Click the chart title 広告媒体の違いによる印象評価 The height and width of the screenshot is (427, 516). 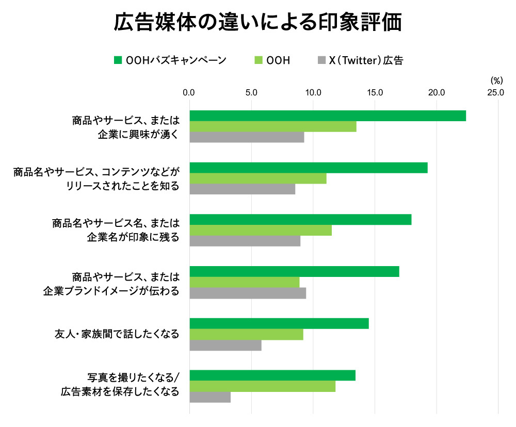(x=257, y=23)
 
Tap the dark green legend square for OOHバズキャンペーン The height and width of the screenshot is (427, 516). (x=118, y=60)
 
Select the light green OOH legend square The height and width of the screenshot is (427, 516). (x=259, y=60)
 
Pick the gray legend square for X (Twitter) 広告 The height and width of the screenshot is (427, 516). (x=321, y=60)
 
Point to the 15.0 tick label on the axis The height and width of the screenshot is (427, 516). (x=375, y=93)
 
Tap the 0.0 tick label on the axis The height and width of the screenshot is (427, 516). (x=189, y=93)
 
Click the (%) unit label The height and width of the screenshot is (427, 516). (x=496, y=80)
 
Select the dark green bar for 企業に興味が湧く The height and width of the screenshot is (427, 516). (x=328, y=116)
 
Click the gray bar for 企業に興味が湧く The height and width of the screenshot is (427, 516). (x=247, y=137)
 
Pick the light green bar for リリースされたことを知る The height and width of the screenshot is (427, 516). (x=258, y=178)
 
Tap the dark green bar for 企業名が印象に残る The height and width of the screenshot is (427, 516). (x=300, y=220)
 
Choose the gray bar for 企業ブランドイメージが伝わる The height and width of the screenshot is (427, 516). (x=248, y=293)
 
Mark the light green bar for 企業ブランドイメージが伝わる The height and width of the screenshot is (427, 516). (x=245, y=282)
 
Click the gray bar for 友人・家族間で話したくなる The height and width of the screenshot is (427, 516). (x=225, y=346)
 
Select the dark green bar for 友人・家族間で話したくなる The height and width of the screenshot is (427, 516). (x=279, y=323)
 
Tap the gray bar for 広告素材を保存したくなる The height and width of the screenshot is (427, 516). (x=210, y=397)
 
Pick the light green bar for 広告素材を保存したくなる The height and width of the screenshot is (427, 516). (x=263, y=386)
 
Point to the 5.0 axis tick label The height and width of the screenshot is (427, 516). (x=251, y=93)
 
